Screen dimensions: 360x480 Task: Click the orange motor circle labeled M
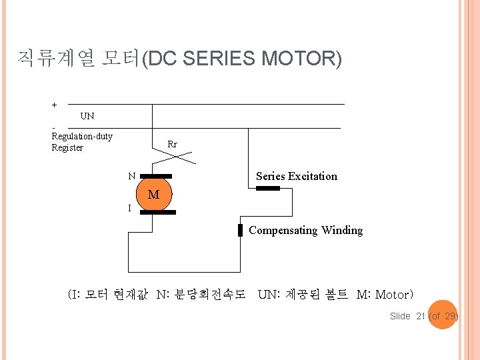[153, 195]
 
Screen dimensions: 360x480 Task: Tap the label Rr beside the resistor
[172, 144]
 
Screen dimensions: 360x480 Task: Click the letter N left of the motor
[132, 177]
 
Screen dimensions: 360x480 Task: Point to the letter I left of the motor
[129, 209]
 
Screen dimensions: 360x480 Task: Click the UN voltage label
[87, 116]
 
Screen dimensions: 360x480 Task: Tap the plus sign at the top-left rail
[55, 105]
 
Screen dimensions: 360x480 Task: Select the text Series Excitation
[296, 177]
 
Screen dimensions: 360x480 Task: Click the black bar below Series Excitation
[269, 189]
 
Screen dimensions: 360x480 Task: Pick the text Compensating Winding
[305, 231]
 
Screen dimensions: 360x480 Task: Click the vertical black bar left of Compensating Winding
[241, 231]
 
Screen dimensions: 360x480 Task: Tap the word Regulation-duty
[82, 137]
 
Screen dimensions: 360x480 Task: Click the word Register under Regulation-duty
[67, 148]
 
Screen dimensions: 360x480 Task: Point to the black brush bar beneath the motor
[158, 213]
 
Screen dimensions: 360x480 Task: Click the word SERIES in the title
[219, 59]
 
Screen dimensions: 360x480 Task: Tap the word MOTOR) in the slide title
[301, 59]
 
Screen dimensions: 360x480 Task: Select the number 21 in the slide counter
[420, 316]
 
